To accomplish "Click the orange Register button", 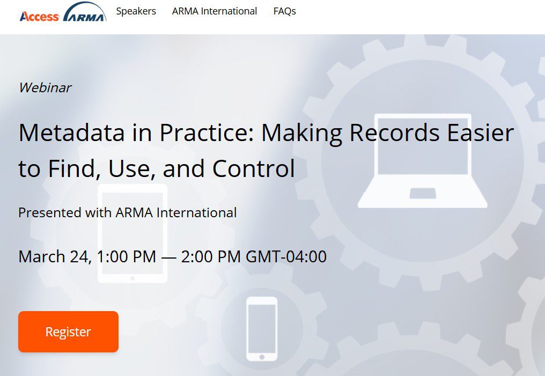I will pyautogui.click(x=68, y=332).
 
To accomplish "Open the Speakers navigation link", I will pyautogui.click(x=136, y=11).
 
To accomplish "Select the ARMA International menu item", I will pyautogui.click(x=215, y=11).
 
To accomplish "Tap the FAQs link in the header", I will pyautogui.click(x=284, y=11).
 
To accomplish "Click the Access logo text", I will pyautogui.click(x=39, y=17).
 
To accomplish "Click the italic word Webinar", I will pyautogui.click(x=45, y=87).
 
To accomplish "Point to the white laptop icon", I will pyautogui.click(x=422, y=161).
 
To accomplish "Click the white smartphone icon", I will pyautogui.click(x=262, y=328).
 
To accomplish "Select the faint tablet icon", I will pyautogui.click(x=132, y=233).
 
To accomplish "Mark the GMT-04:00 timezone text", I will pyautogui.click(x=286, y=256).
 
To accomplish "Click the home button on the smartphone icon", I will pyautogui.click(x=262, y=357).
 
